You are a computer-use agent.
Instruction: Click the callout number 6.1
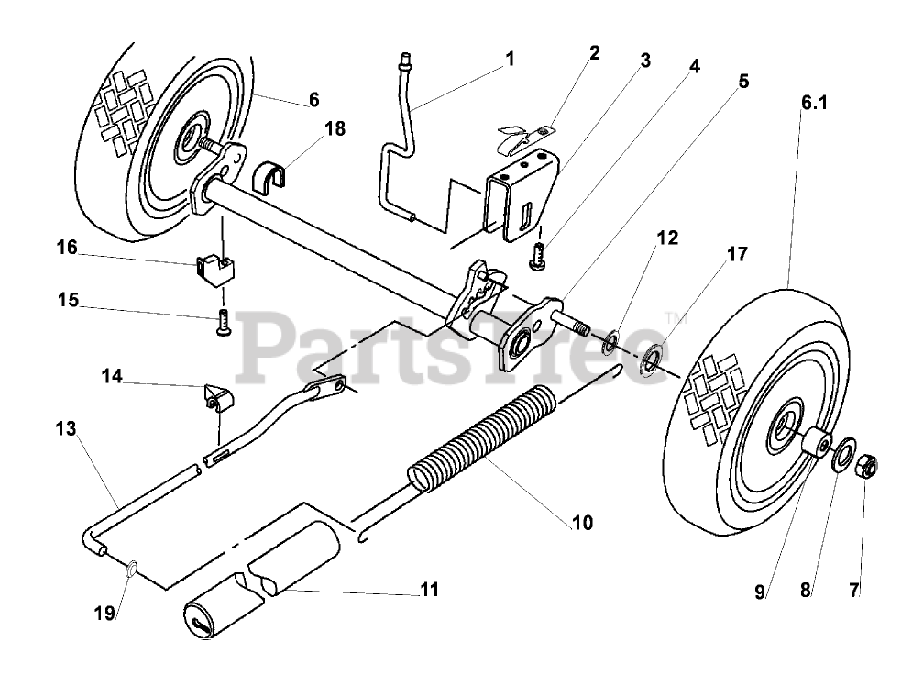(x=814, y=105)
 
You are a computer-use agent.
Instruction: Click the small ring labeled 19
(x=131, y=570)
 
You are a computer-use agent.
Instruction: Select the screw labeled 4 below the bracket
(x=538, y=260)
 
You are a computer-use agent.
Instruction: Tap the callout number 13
(x=65, y=428)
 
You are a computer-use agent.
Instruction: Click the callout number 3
(x=644, y=61)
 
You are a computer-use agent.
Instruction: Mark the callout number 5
(x=742, y=81)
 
